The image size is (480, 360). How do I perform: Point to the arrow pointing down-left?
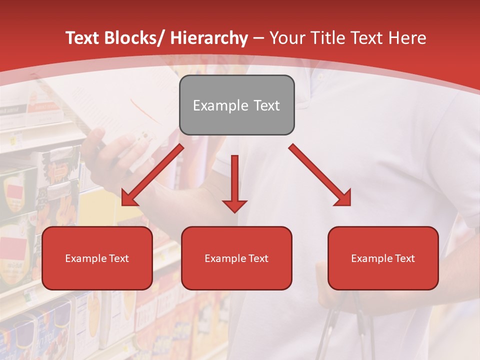tap(152, 175)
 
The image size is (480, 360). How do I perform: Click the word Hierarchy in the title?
tap(209, 38)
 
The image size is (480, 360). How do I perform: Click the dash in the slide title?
tap(258, 38)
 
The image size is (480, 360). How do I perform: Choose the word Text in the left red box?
tap(119, 258)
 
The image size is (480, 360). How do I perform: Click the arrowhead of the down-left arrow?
tap(128, 199)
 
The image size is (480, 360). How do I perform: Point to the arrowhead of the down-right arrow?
tap(343, 198)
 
